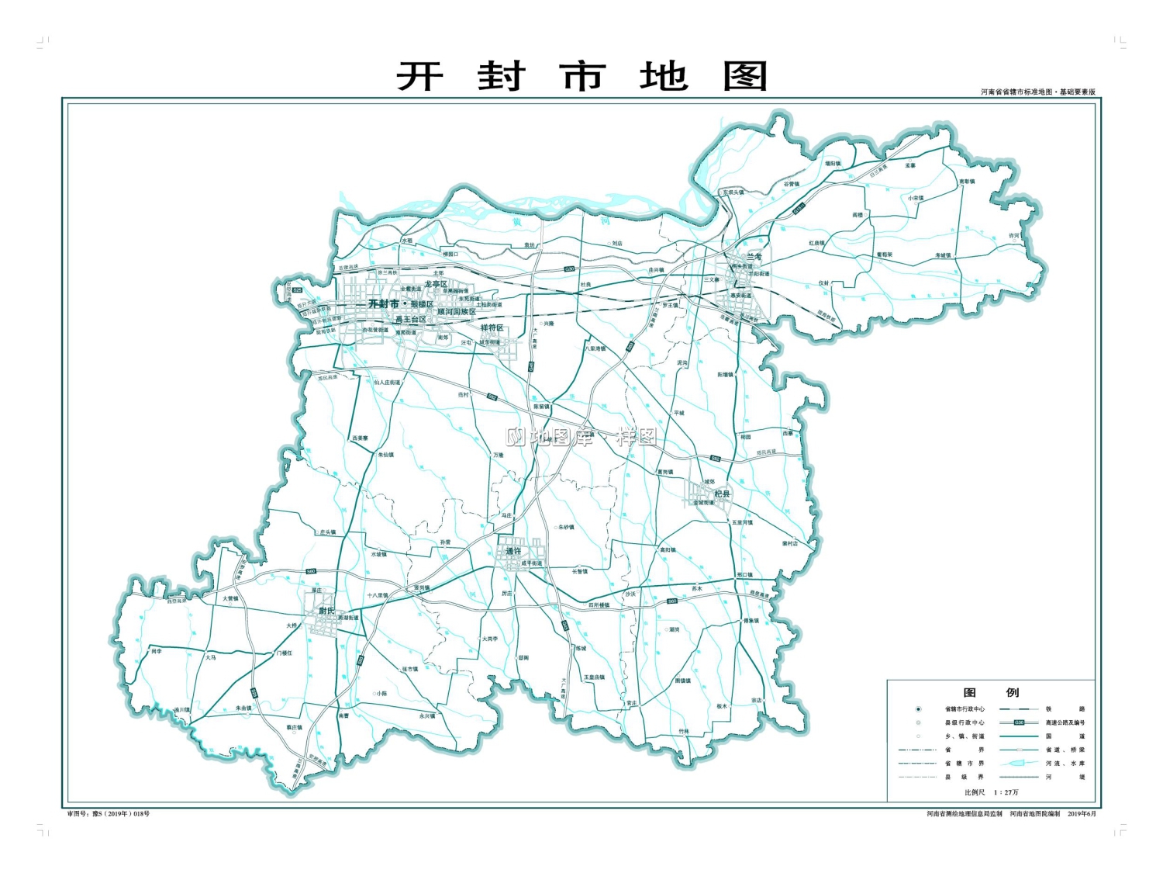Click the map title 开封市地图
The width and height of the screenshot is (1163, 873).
(x=581, y=77)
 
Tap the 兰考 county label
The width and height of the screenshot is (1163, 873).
(x=754, y=257)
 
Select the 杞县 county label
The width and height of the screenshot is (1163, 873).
(x=722, y=494)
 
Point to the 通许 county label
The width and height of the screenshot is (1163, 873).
(x=514, y=551)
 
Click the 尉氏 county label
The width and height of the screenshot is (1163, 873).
(x=326, y=611)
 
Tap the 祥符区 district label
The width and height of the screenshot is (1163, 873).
(x=492, y=328)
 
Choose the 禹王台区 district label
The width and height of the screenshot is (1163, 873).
(x=410, y=320)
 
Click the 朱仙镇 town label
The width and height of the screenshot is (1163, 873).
(x=386, y=455)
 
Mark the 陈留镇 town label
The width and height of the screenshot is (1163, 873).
(x=541, y=407)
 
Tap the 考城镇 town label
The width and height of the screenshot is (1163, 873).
(x=943, y=255)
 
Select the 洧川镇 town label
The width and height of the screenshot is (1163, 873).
(x=182, y=709)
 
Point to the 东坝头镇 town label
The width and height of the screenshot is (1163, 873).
(x=733, y=192)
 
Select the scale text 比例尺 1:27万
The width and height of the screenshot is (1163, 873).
(x=991, y=792)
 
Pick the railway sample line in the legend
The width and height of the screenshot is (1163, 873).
(x=1019, y=708)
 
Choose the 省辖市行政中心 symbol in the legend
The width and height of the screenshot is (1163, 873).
(x=919, y=708)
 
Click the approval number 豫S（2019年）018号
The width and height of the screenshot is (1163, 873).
(x=109, y=814)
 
